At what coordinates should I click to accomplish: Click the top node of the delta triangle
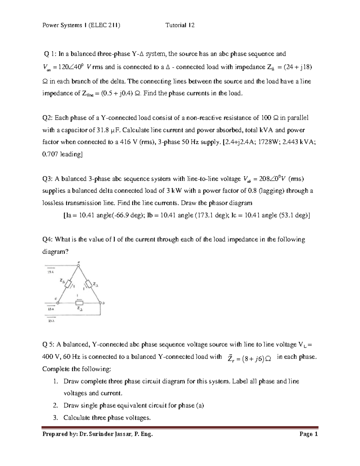click(79, 266)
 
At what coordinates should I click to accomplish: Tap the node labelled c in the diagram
click(58, 303)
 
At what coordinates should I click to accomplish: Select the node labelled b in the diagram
click(100, 303)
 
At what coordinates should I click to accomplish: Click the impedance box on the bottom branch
click(79, 303)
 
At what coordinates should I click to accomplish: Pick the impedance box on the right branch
click(89, 284)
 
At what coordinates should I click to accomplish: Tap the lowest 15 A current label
click(51, 321)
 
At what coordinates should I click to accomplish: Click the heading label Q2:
click(48, 118)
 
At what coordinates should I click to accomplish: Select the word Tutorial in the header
click(176, 25)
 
